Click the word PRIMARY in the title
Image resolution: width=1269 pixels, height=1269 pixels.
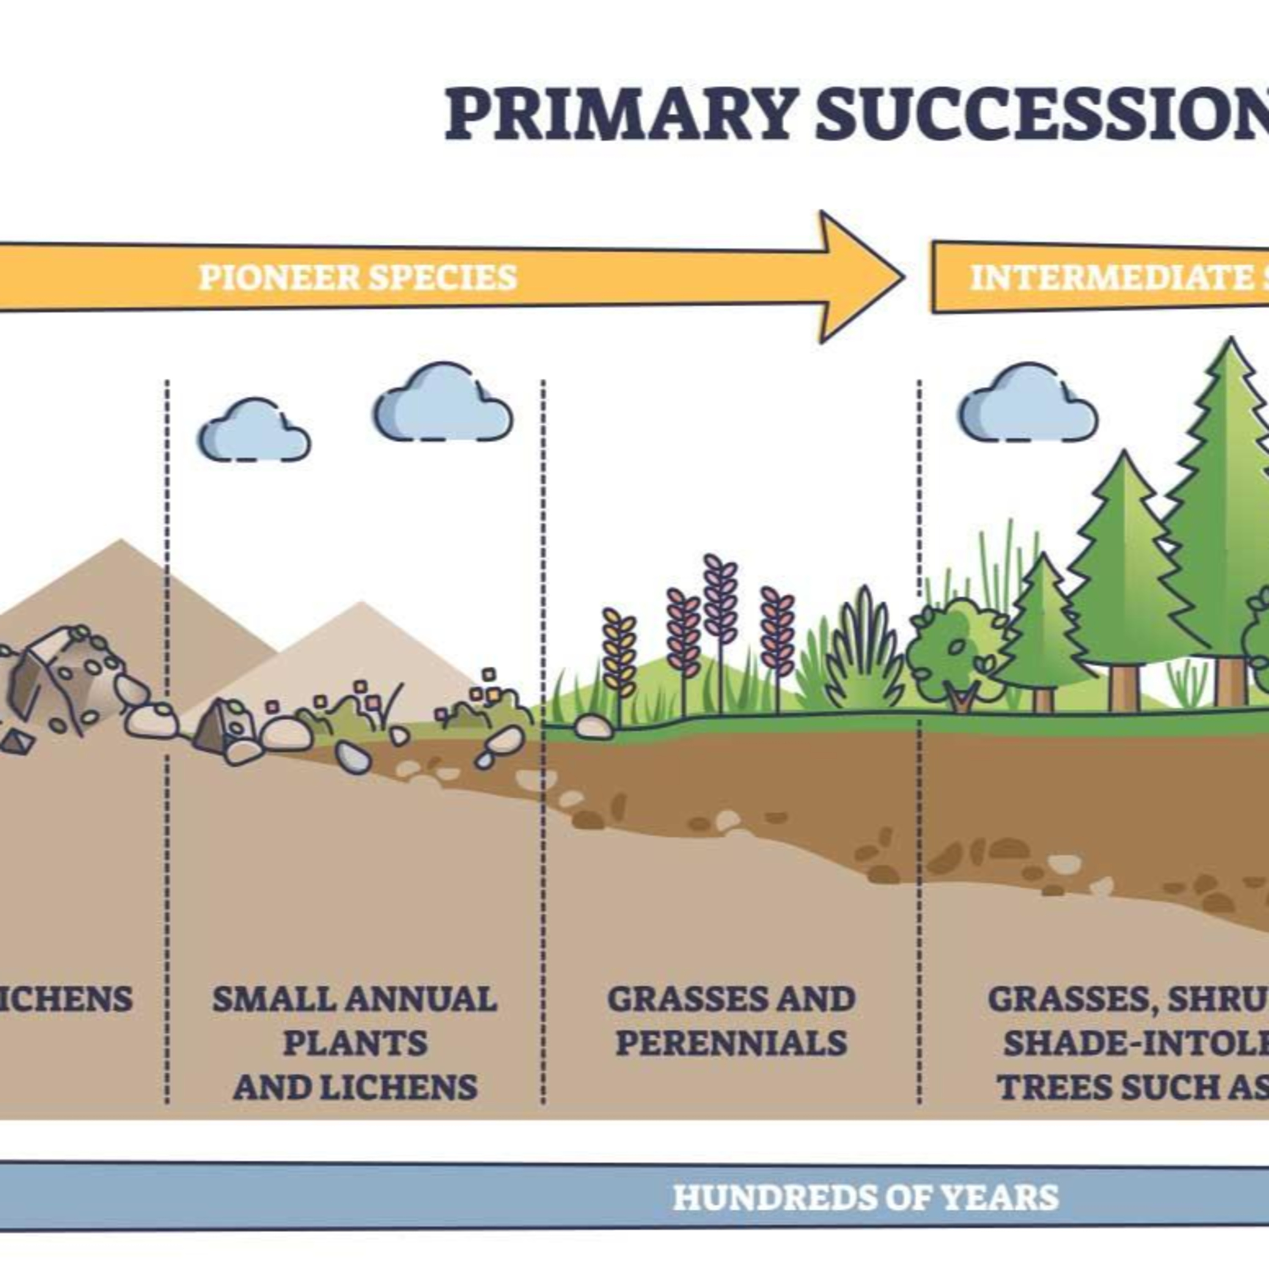(x=618, y=115)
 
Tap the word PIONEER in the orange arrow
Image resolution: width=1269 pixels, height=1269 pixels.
(x=278, y=277)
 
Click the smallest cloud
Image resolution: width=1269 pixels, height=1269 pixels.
(x=254, y=430)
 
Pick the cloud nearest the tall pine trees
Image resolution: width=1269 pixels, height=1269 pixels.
(x=1028, y=404)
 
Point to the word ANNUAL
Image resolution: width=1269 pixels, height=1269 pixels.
(x=420, y=1000)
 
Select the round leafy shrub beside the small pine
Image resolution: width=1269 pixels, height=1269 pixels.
(x=956, y=650)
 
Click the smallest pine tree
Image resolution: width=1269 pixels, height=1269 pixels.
(x=1042, y=631)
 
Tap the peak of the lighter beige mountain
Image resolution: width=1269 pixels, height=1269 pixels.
(x=360, y=603)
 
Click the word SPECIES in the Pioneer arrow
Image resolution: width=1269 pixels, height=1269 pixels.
(x=443, y=277)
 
